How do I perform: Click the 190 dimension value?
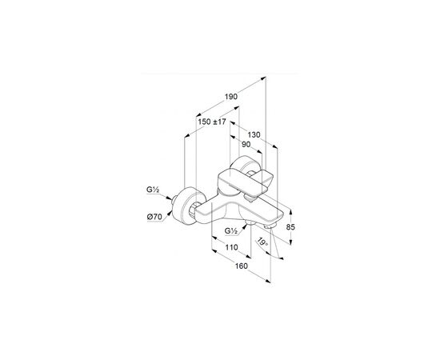tap(231, 97)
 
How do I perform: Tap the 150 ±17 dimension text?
tap(212, 122)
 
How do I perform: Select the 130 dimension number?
tap(254, 134)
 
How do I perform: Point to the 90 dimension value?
tap(246, 144)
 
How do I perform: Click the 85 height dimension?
tap(290, 226)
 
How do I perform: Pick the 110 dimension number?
tap(231, 247)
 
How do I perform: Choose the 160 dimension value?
tap(242, 266)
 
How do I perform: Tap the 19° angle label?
tap(263, 242)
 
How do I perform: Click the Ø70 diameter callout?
tap(154, 217)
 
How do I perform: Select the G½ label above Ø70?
tap(153, 190)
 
